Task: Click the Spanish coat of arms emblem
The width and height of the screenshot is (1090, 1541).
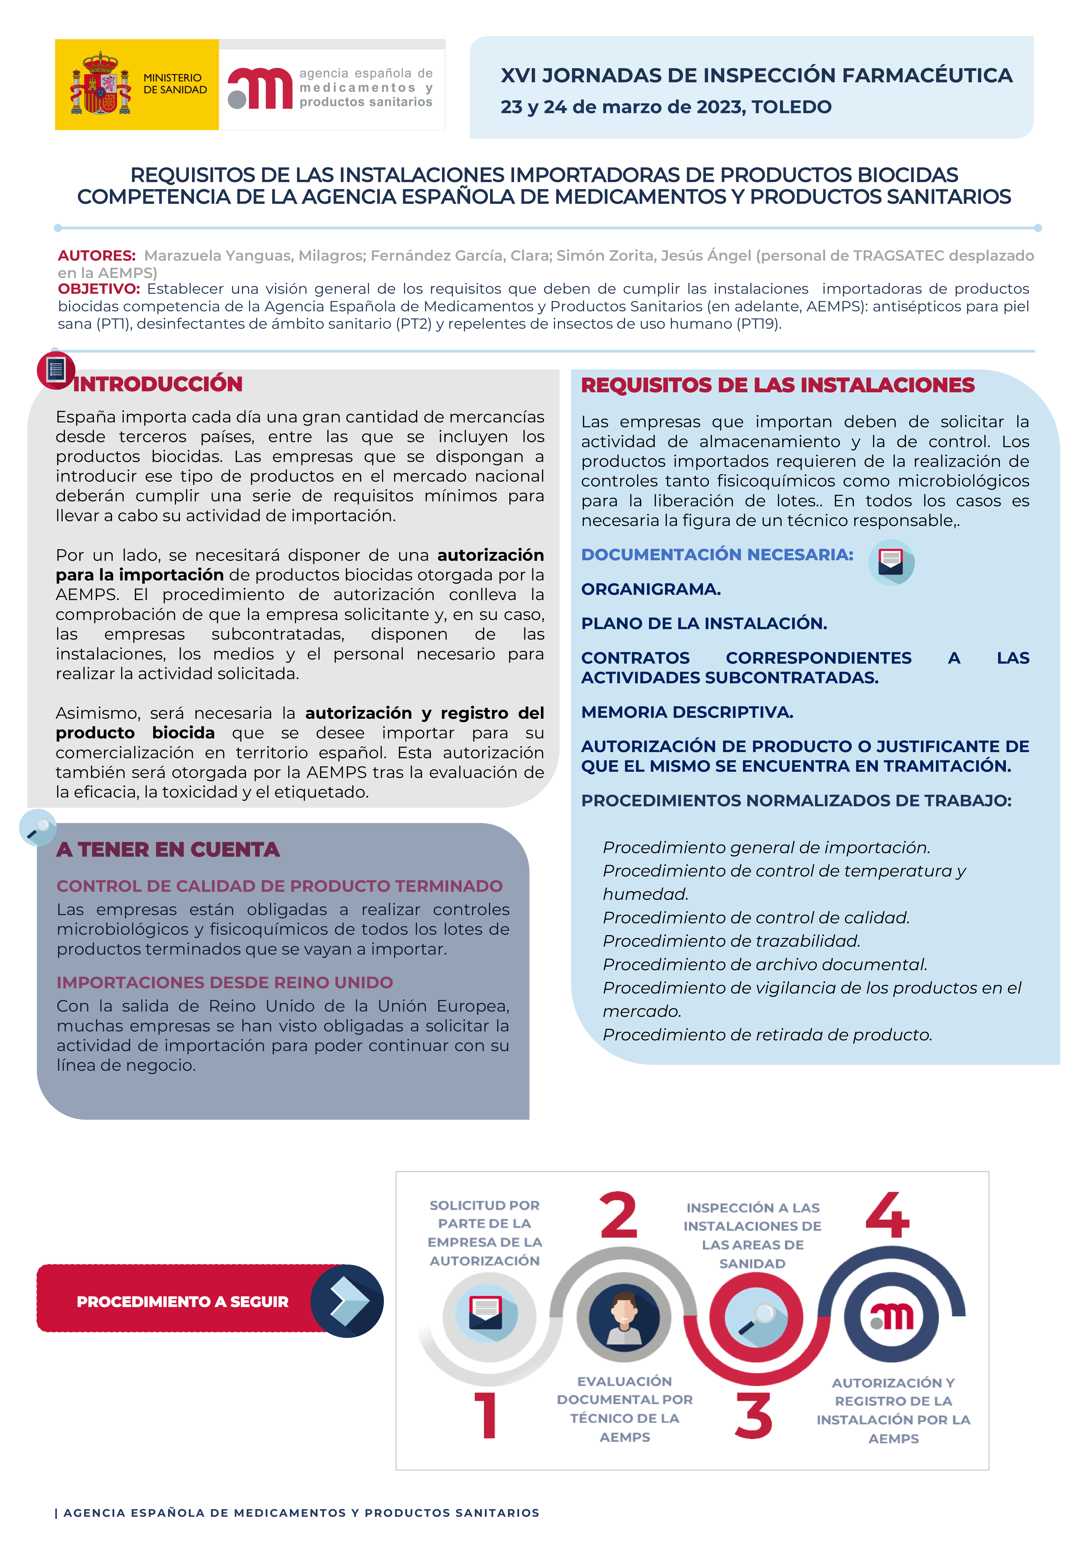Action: coord(101,84)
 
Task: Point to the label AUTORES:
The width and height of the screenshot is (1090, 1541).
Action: coord(97,256)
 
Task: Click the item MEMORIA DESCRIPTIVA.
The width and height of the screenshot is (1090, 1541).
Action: coord(687,712)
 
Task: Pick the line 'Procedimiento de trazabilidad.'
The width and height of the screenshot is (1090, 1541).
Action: coord(731,941)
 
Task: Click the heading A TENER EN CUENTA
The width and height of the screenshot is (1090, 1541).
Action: coord(168,850)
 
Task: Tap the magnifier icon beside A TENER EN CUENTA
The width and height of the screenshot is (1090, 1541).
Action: coord(38,828)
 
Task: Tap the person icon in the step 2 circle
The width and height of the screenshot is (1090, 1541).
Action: coord(624,1317)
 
